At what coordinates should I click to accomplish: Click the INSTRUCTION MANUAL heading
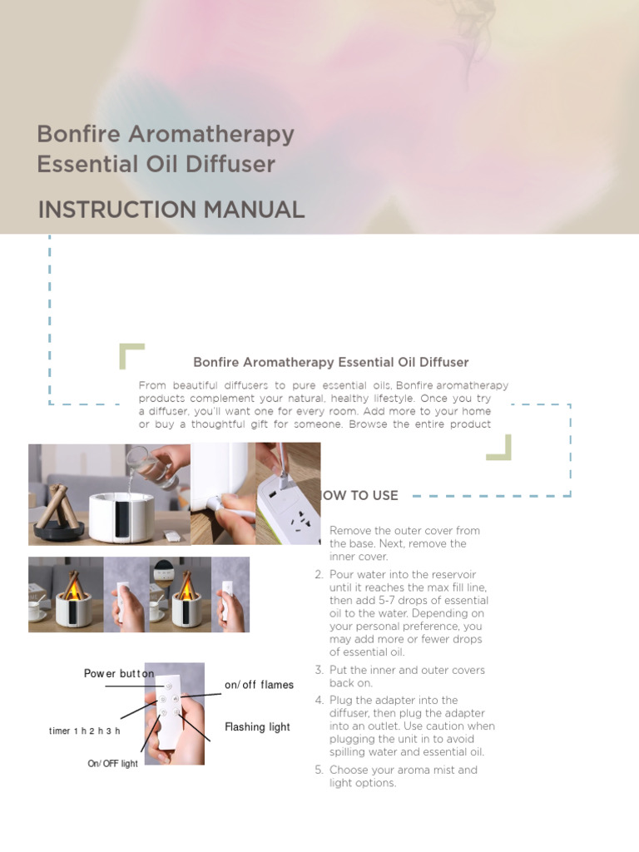tap(171, 211)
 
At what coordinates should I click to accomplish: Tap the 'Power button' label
tap(119, 673)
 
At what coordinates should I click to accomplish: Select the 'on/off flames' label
tap(259, 685)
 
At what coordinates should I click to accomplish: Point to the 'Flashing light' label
tap(257, 727)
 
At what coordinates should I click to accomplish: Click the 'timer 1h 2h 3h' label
tap(85, 731)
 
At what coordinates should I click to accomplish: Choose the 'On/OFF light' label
tap(112, 764)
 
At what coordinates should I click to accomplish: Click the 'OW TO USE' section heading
tap(360, 496)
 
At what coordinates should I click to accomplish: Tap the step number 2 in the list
tap(319, 575)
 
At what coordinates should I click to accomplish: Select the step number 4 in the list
tap(319, 701)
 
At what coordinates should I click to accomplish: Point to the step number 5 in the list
tap(319, 770)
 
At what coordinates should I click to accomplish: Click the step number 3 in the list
tap(319, 671)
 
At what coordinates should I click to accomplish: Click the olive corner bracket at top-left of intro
tap(131, 354)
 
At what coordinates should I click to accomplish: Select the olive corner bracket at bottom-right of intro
tap(500, 448)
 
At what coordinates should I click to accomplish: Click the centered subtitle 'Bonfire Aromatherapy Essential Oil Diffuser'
tap(331, 363)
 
